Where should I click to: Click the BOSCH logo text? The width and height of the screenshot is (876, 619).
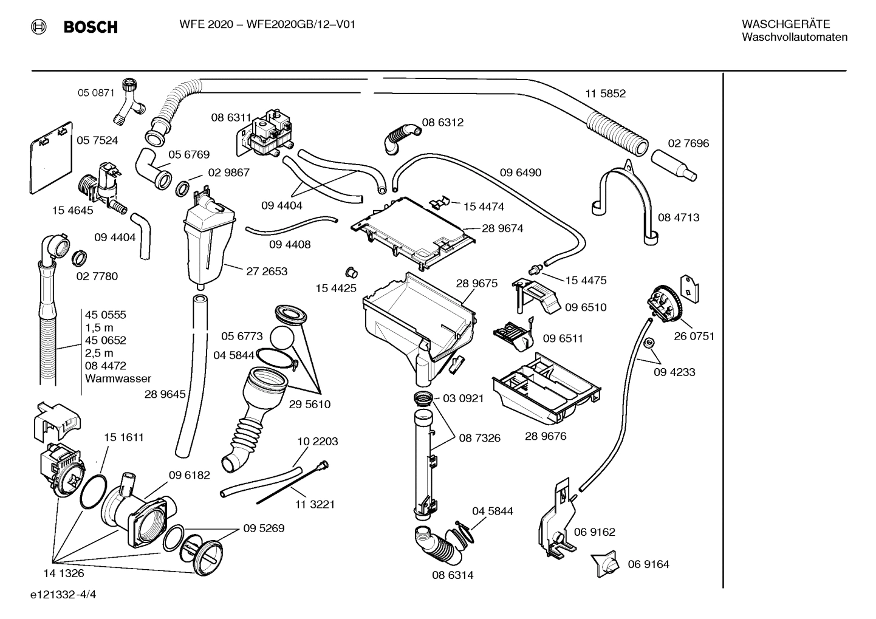click(x=90, y=27)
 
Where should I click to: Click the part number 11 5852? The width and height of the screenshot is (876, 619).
click(x=605, y=94)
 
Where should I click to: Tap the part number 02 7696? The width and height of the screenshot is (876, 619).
click(x=688, y=143)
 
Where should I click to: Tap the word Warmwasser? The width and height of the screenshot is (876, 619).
click(x=118, y=378)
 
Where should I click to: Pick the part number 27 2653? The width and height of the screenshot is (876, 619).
click(x=267, y=272)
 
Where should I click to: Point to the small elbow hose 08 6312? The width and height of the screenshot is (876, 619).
click(x=400, y=137)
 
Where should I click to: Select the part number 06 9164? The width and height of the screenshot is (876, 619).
click(x=648, y=564)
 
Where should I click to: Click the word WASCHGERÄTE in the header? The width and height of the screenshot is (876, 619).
click(x=785, y=24)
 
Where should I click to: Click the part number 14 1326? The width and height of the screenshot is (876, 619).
click(x=64, y=573)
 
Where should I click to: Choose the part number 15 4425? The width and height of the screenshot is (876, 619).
click(x=336, y=288)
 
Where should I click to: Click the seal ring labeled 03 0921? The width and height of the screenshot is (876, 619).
click(x=422, y=398)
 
